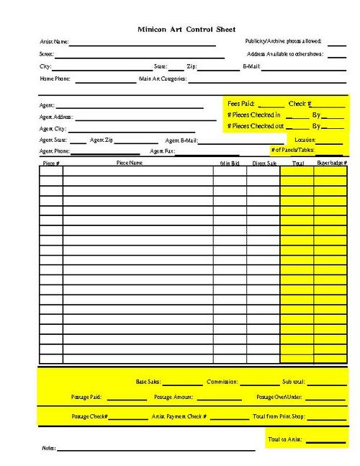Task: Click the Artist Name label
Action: point(54,42)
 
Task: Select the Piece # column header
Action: point(50,163)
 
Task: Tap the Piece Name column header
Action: point(130,163)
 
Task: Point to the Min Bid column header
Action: point(229,163)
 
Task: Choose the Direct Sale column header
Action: point(264,163)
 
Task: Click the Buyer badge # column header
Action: point(331,163)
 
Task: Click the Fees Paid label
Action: point(240,104)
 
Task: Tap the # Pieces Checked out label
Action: point(255,126)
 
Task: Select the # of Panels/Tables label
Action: point(292,150)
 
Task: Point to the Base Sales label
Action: point(148,382)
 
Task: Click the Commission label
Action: point(222,382)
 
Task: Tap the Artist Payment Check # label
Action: point(179,416)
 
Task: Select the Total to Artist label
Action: point(284,439)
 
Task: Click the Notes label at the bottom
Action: point(49,448)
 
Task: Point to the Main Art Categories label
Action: point(163,79)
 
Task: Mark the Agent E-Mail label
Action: point(181,140)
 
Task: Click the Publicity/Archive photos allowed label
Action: point(283,42)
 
